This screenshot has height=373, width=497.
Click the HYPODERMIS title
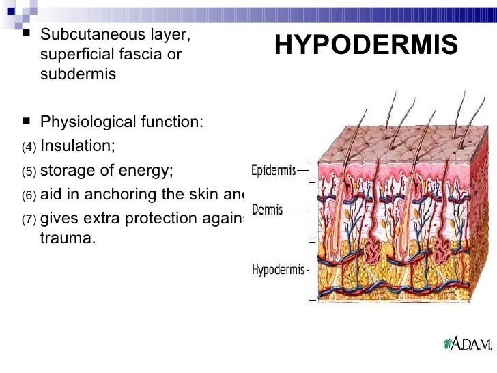click(x=366, y=45)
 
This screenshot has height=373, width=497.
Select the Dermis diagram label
click(x=268, y=209)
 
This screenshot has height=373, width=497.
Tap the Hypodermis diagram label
click(x=278, y=269)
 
